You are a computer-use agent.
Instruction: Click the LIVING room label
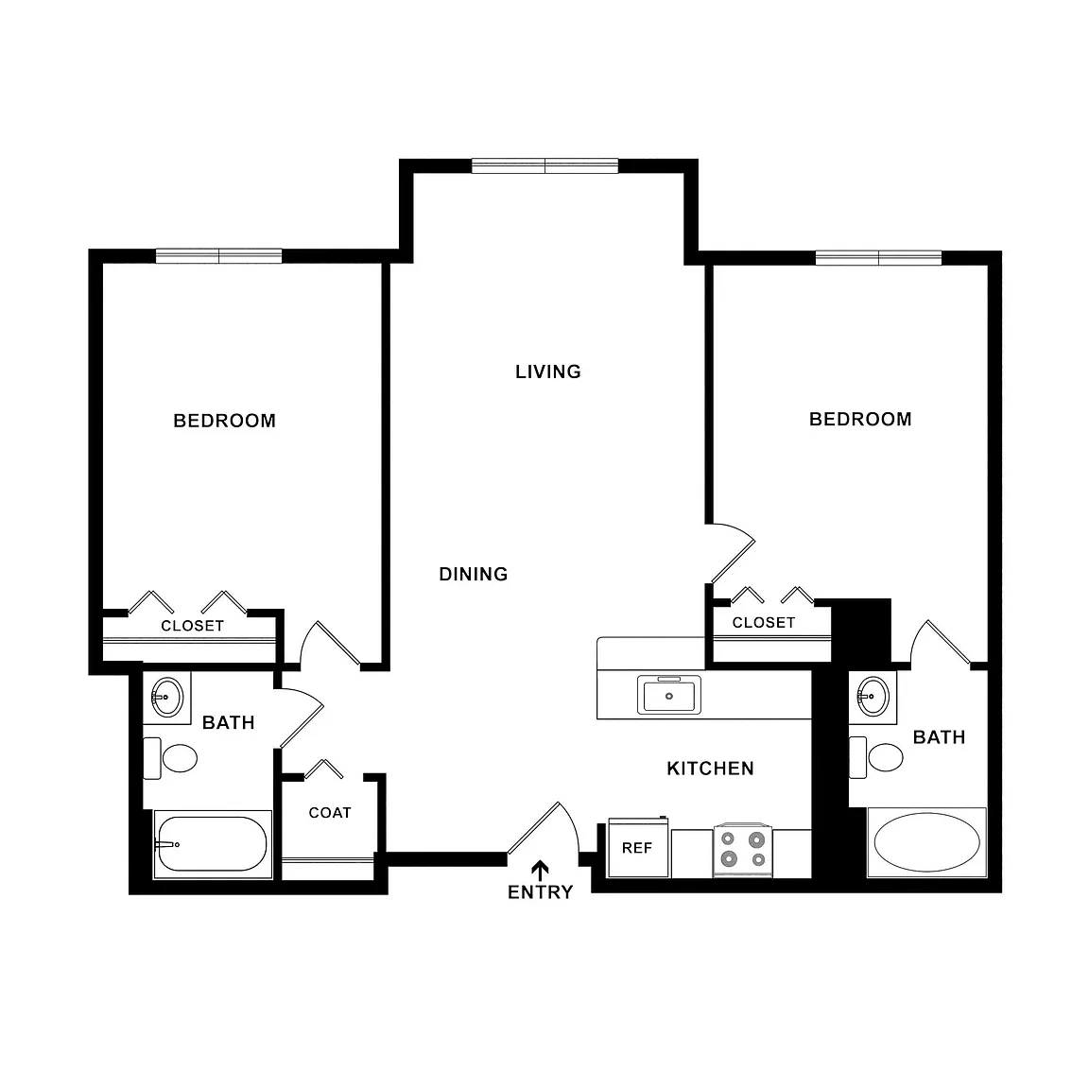click(x=548, y=372)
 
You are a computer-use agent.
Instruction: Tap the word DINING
click(x=474, y=574)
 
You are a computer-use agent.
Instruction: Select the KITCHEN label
click(x=711, y=769)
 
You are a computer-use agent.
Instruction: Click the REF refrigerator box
click(x=638, y=847)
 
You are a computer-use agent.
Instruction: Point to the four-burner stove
click(x=743, y=850)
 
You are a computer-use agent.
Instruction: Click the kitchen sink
click(x=669, y=695)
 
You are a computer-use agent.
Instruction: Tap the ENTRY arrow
click(x=541, y=871)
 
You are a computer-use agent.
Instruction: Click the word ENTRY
click(x=541, y=892)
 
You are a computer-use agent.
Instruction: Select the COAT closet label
click(x=330, y=813)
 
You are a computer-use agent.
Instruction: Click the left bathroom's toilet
click(x=171, y=758)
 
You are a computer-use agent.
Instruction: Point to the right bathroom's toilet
click(x=876, y=758)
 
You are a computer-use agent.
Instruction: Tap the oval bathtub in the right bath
click(x=926, y=841)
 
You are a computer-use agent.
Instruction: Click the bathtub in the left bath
click(x=213, y=844)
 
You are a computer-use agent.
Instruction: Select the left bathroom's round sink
click(x=167, y=697)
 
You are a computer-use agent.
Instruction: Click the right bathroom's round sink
click(x=873, y=696)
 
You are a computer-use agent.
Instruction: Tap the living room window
click(x=545, y=166)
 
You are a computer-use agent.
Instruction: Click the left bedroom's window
click(x=218, y=255)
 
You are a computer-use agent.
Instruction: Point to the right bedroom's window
click(x=878, y=258)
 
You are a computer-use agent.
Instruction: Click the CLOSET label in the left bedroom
click(x=193, y=626)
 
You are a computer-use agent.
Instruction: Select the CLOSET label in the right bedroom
click(x=764, y=622)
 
